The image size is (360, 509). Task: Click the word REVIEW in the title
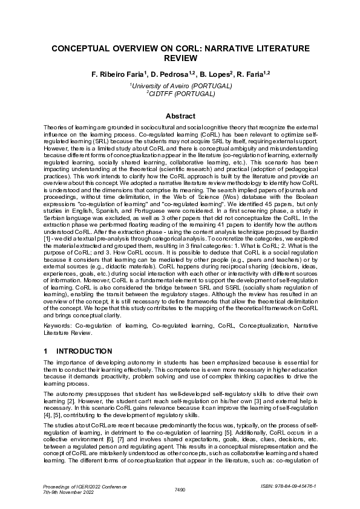coord(180,58)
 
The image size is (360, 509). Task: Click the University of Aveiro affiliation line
coord(181,86)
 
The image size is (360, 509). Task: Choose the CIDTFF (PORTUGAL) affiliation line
coord(181,94)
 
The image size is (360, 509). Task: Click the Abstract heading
coord(180,116)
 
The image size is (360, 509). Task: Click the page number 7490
coord(180,489)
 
